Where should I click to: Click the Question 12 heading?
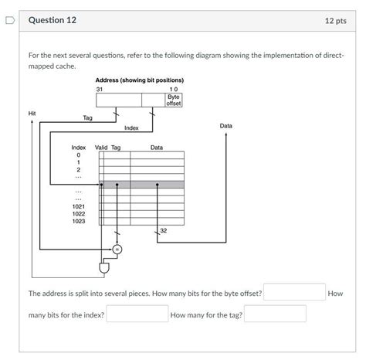[x=53, y=20]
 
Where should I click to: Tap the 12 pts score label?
[x=336, y=21]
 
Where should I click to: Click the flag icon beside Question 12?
[x=10, y=20]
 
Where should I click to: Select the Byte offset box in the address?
[x=174, y=100]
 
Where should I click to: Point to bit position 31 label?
[x=100, y=90]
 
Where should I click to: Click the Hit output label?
[x=32, y=114]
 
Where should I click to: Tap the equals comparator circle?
[x=117, y=250]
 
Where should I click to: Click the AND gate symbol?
[x=104, y=268]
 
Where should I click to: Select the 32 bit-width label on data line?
[x=164, y=230]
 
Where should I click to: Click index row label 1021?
[x=79, y=206]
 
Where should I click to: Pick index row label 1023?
[x=79, y=221]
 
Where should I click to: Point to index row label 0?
[x=79, y=155]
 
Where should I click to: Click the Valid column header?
[x=101, y=148]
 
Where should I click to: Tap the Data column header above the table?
[x=157, y=148]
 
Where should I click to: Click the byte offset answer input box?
[x=294, y=292]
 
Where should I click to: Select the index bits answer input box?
[x=137, y=314]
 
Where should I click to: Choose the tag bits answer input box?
[x=275, y=314]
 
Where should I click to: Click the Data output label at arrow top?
[x=226, y=126]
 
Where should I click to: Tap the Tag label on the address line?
[x=88, y=117]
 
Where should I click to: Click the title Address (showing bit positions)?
[x=140, y=80]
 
